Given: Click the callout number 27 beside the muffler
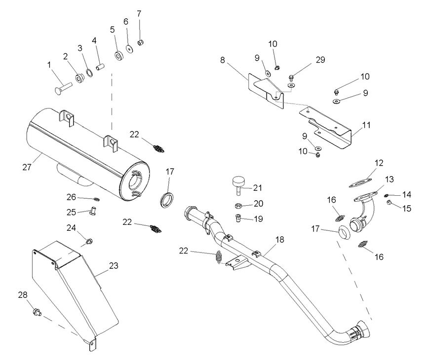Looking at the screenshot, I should (x=26, y=167).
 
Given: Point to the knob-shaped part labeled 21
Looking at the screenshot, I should (x=238, y=185).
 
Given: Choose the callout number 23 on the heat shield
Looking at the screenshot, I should (x=114, y=265).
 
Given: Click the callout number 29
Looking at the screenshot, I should (x=320, y=60).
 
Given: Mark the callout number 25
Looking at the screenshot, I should (x=72, y=212).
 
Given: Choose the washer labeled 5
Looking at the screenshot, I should (x=118, y=54).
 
